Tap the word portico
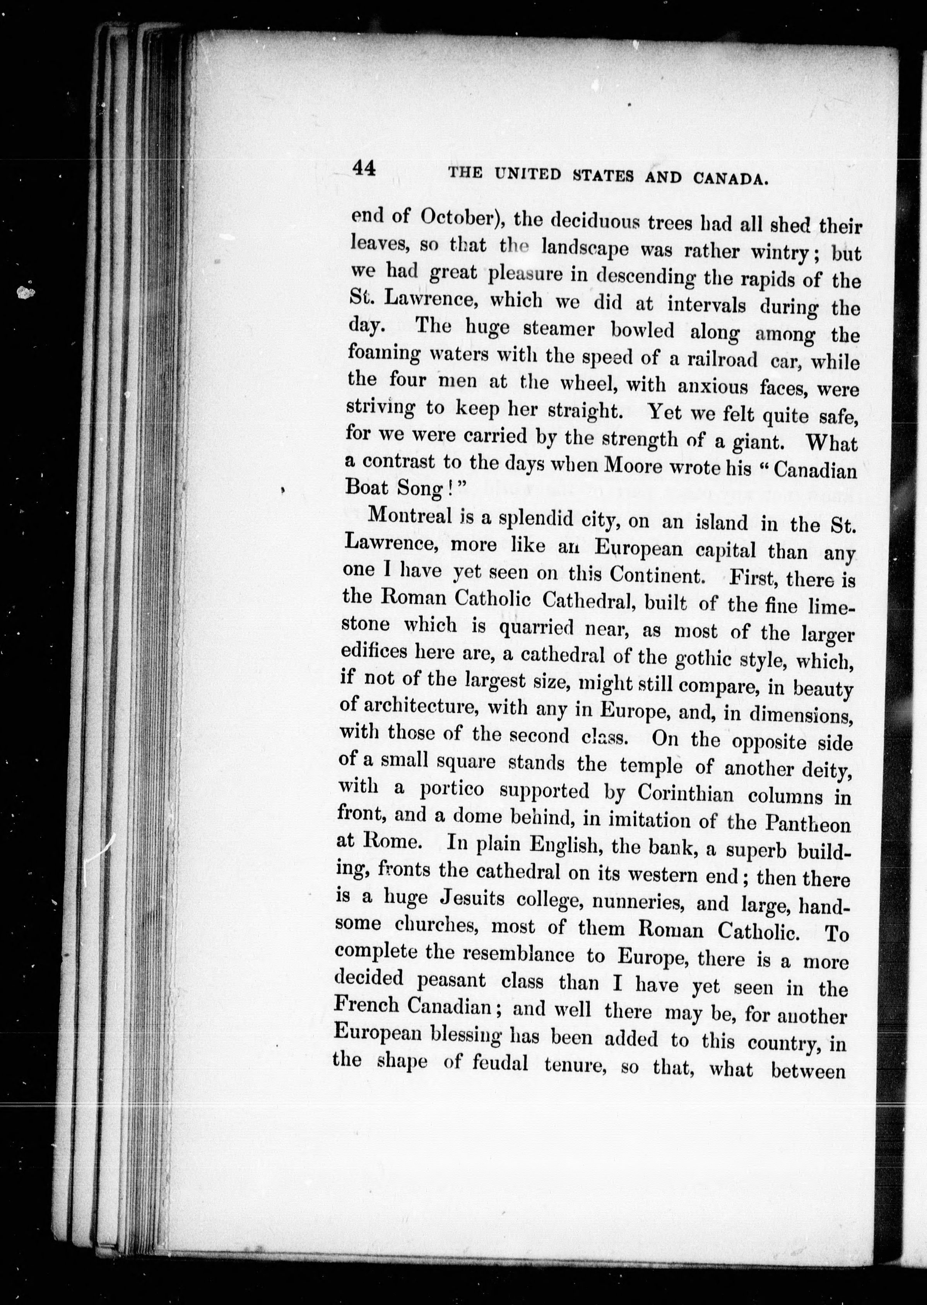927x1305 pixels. tap(452, 789)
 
